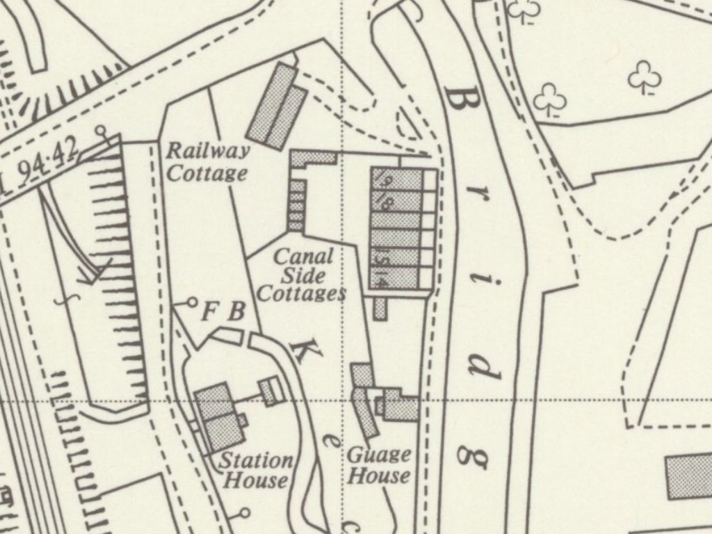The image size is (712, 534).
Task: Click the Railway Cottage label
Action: [x=207, y=161]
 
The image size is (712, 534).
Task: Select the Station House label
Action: [x=256, y=470]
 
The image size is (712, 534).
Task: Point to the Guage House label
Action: [x=379, y=465]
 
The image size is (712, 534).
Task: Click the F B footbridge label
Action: [x=223, y=312]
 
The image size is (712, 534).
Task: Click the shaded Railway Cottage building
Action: [x=277, y=107]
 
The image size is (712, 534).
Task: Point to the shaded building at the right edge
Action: [x=689, y=476]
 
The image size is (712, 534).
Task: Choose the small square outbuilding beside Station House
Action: [x=271, y=390]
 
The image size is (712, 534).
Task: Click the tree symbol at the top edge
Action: [x=525, y=9]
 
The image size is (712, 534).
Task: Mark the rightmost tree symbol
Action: [x=644, y=76]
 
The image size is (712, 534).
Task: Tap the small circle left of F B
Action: [x=192, y=302]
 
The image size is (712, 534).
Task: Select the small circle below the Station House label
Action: [x=244, y=513]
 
